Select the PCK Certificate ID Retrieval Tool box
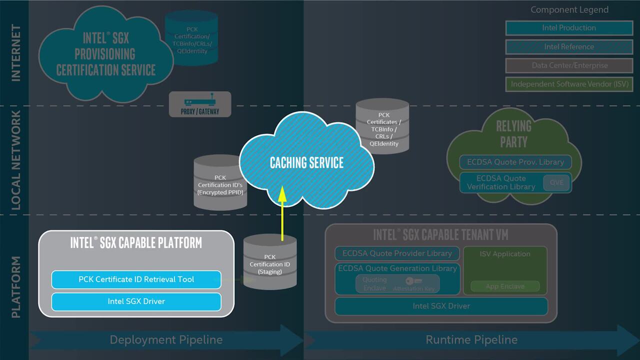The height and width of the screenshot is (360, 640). click(x=136, y=279)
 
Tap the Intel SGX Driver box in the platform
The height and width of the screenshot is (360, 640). click(x=136, y=301)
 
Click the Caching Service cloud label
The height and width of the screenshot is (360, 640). click(x=306, y=162)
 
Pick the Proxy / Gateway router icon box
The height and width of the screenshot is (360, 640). click(x=200, y=104)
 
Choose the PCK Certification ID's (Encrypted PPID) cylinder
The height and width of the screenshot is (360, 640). click(x=220, y=183)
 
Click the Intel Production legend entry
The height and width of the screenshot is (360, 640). click(x=569, y=28)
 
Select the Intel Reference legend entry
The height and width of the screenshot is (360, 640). click(x=569, y=47)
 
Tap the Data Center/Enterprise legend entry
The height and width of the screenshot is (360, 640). click(x=569, y=65)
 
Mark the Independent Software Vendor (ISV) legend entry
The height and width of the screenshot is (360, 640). click(x=569, y=84)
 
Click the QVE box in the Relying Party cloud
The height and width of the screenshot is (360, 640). click(x=556, y=182)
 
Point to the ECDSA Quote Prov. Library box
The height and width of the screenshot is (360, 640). click(x=515, y=162)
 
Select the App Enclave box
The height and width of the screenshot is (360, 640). click(x=505, y=286)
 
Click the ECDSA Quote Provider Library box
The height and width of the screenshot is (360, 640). click(x=397, y=253)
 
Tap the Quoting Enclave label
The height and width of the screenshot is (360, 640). click(x=374, y=284)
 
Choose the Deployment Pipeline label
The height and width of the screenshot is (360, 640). click(x=166, y=340)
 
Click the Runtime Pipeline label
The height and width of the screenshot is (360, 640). click(x=471, y=340)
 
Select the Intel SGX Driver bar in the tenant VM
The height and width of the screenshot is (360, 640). click(x=441, y=306)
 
